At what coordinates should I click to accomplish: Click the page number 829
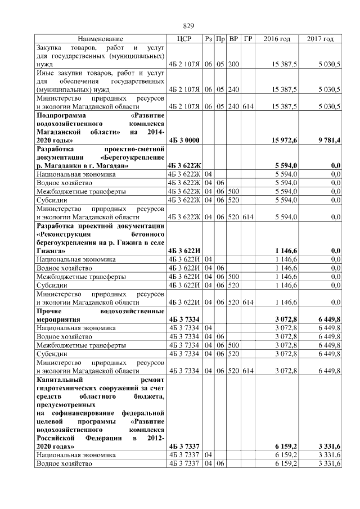coord(188,26)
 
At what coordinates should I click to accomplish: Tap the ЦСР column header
coord(184,39)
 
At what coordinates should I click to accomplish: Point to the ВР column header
coord(234,39)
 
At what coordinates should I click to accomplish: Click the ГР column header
coord(247,39)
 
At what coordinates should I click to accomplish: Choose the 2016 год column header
coord(277,39)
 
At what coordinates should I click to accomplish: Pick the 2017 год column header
coord(321,39)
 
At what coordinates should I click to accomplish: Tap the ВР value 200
coord(234,65)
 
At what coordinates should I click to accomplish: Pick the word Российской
coord(55,438)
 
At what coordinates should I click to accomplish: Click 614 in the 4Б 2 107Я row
coord(247,106)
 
